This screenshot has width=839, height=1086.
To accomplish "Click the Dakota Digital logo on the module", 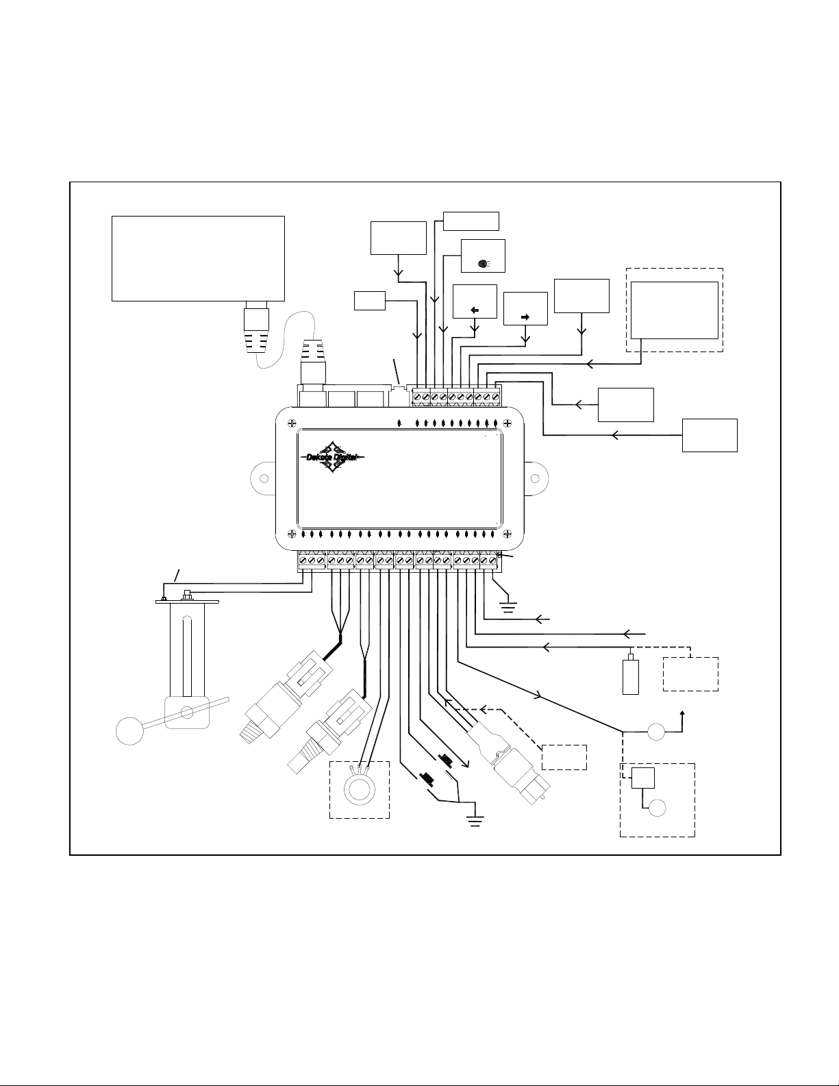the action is pos(333,457).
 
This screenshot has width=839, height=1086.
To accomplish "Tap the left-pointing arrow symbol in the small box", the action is pos(475,310).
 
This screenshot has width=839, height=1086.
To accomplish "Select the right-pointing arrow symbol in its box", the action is pos(525,317).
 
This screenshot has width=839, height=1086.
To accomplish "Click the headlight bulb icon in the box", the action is pos(484,263).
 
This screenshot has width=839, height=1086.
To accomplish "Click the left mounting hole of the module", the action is pos(264,479).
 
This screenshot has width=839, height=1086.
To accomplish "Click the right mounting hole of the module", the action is pos(535,479).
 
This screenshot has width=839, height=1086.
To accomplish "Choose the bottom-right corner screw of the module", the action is pos(508,534).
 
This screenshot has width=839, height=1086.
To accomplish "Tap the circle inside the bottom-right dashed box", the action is pos(658,808).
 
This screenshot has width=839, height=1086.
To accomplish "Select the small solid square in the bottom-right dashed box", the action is pos(642,778).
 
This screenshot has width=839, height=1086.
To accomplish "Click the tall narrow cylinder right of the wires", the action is pos(631,676).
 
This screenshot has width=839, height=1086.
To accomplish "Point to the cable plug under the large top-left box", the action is pos(256,327).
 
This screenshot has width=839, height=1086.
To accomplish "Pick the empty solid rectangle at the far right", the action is pos(710,435).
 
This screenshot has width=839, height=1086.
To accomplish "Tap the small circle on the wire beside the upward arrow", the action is pos(656,732).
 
